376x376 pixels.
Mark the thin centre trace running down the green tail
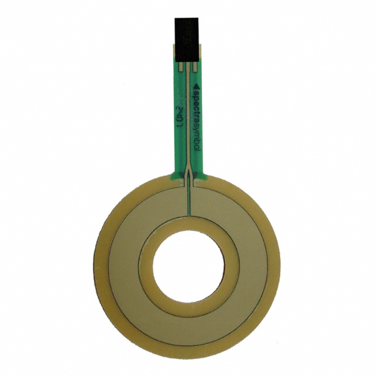(x=188, y=117)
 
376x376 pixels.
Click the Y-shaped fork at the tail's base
(x=188, y=174)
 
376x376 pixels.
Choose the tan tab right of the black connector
(x=200, y=50)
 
